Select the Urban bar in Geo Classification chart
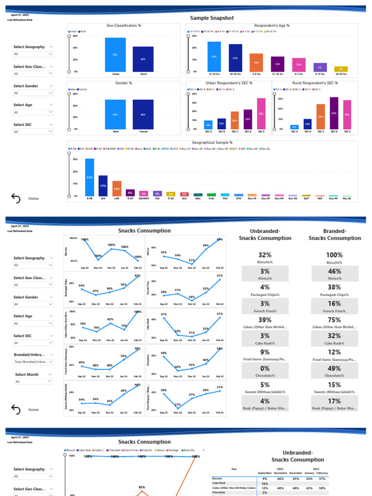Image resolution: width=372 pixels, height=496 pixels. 115,55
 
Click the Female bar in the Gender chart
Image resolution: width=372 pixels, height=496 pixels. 143,114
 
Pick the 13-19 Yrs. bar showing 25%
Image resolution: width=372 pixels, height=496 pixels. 214,57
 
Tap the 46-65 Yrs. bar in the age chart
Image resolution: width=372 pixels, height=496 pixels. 341,69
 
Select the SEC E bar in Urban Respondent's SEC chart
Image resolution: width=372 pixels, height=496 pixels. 261,113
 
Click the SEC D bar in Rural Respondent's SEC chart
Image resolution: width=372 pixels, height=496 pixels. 334,113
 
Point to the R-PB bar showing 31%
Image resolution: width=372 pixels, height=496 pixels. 90,177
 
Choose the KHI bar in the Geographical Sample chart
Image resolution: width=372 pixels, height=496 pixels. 103,186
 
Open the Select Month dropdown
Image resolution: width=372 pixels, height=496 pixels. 33,382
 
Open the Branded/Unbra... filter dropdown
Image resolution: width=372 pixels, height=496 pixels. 33,362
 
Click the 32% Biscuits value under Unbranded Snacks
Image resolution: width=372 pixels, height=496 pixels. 265,255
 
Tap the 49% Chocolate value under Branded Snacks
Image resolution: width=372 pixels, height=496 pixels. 335,369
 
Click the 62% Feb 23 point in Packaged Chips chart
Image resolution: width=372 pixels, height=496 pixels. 138,276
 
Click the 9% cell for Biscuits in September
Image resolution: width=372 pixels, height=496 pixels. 265,479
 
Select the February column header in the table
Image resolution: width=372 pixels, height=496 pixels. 322,473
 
